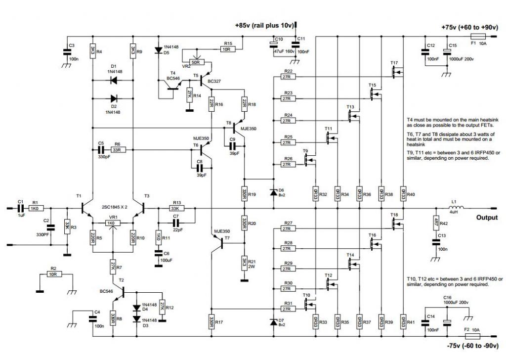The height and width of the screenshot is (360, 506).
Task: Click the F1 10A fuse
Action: click(x=478, y=37)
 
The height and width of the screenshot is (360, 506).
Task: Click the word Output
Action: click(x=487, y=218)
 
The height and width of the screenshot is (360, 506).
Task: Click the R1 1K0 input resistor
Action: click(x=34, y=209)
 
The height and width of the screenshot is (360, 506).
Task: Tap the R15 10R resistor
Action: click(x=228, y=49)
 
